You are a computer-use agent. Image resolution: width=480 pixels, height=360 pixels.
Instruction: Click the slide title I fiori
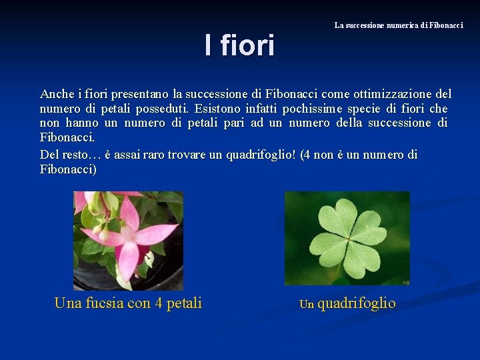(239, 46)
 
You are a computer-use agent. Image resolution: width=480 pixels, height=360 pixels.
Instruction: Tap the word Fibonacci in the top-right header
(446, 25)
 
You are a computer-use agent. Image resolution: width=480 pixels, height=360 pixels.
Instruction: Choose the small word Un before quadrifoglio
(306, 305)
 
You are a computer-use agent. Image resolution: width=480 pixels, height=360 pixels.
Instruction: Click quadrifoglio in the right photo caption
(357, 303)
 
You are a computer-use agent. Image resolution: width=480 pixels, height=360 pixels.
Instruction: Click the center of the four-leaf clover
(347, 238)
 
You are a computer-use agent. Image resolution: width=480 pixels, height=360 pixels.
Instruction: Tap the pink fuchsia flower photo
(128, 240)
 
